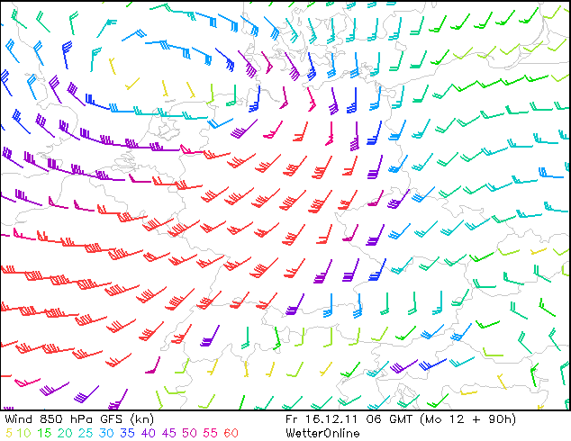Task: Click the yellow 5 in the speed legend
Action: point(9,433)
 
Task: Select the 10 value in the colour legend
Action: point(26,433)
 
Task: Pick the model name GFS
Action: point(112,419)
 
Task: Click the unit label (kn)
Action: point(141,419)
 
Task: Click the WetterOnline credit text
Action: point(322,433)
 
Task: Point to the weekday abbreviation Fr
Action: point(291,419)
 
